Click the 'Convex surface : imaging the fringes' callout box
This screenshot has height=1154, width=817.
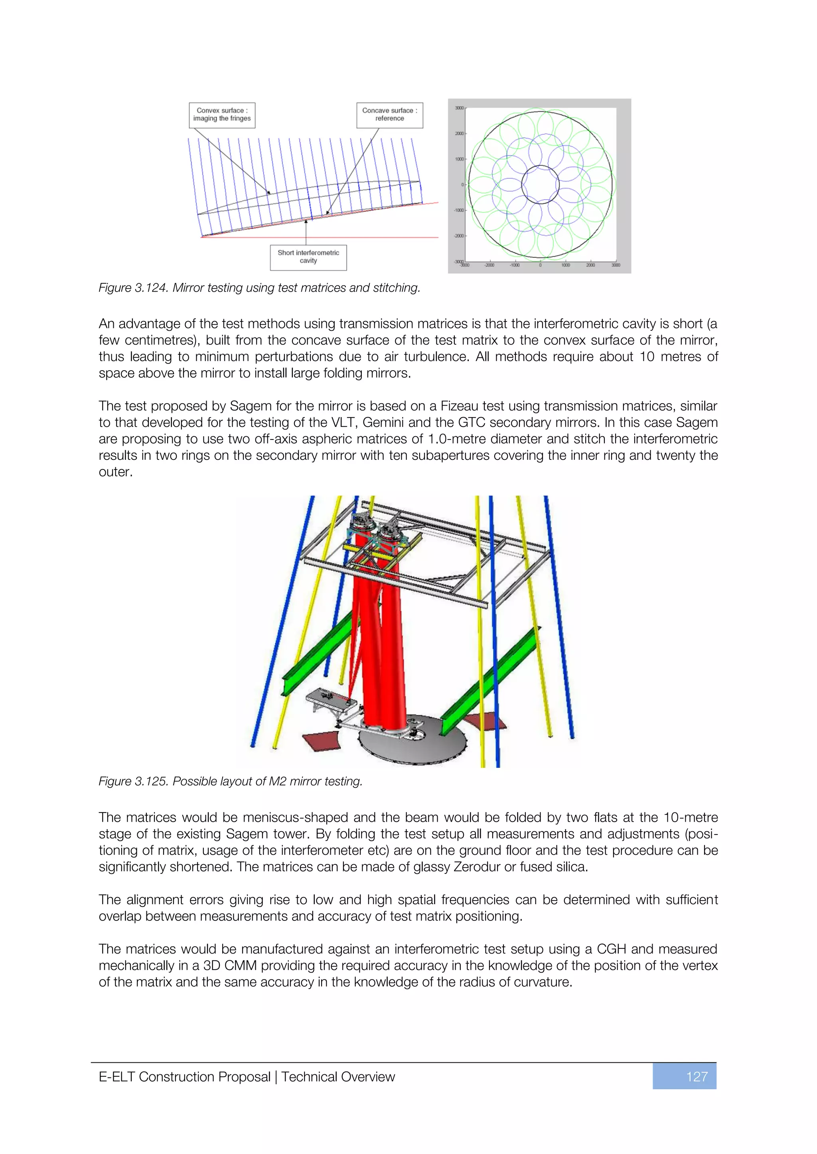[222, 115]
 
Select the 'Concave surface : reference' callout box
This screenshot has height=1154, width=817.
[389, 115]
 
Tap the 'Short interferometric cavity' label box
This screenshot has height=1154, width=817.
[308, 257]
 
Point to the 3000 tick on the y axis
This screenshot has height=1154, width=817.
[459, 108]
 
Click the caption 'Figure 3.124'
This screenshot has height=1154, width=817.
[133, 288]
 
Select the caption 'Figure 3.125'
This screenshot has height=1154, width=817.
[133, 781]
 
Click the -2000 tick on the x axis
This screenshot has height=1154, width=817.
[489, 265]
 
